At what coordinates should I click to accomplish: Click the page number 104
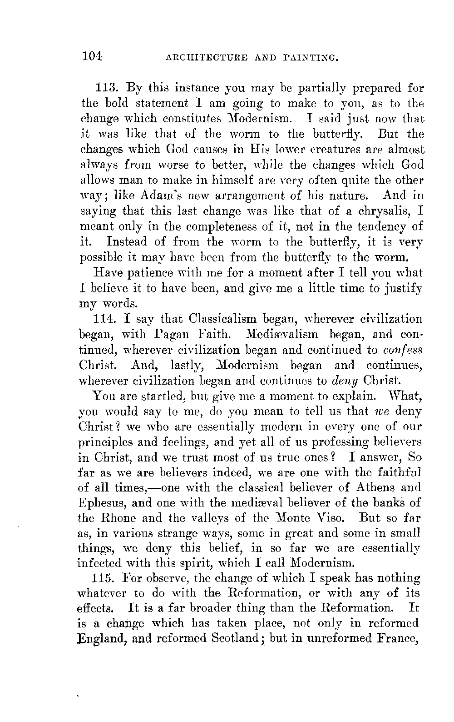pyautogui.click(x=92, y=56)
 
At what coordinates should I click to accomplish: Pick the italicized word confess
pyautogui.click(x=403, y=350)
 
